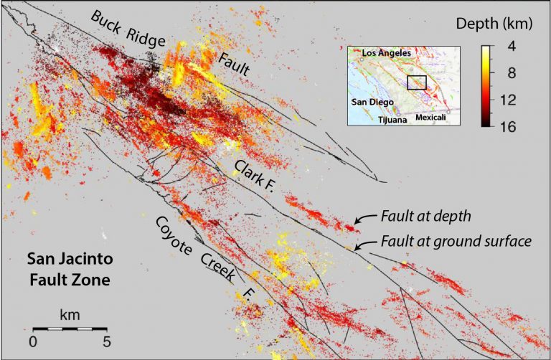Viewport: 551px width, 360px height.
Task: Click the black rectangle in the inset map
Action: coord(416,82)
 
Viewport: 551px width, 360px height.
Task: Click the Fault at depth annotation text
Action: coord(424,216)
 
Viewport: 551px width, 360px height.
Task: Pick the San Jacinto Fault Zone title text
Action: coord(69,269)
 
